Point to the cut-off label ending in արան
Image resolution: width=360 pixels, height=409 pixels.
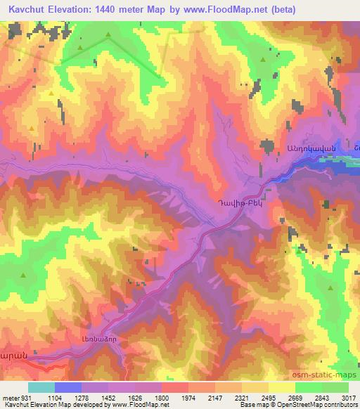click(x=13, y=356)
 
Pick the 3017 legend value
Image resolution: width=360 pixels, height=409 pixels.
click(x=349, y=397)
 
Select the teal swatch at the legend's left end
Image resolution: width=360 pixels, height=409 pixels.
click(x=41, y=387)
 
